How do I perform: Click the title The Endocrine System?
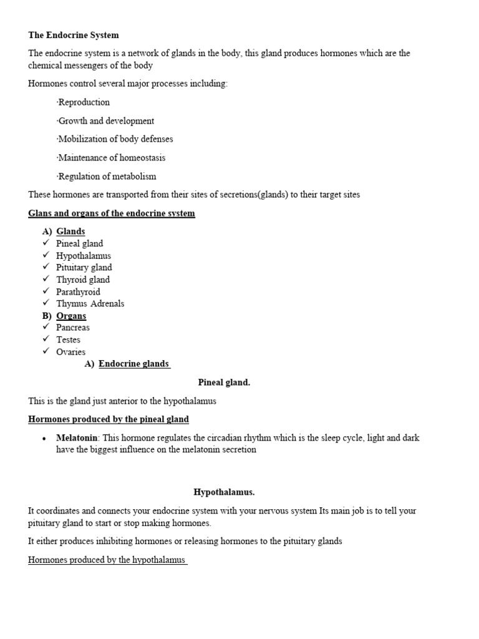click(74, 35)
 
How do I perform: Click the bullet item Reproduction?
click(84, 102)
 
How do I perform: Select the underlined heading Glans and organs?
click(112, 213)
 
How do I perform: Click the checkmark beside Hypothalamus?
click(46, 255)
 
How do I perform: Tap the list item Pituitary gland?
click(84, 268)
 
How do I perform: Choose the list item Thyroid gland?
click(83, 280)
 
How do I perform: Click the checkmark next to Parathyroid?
click(46, 291)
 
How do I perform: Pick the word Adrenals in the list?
click(107, 304)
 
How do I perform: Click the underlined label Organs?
click(71, 316)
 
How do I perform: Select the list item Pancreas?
click(73, 328)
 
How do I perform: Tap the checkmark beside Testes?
click(46, 339)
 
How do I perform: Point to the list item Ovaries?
click(71, 352)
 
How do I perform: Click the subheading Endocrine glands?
click(133, 364)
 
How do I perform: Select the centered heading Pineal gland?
click(224, 383)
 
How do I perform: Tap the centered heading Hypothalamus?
click(224, 492)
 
